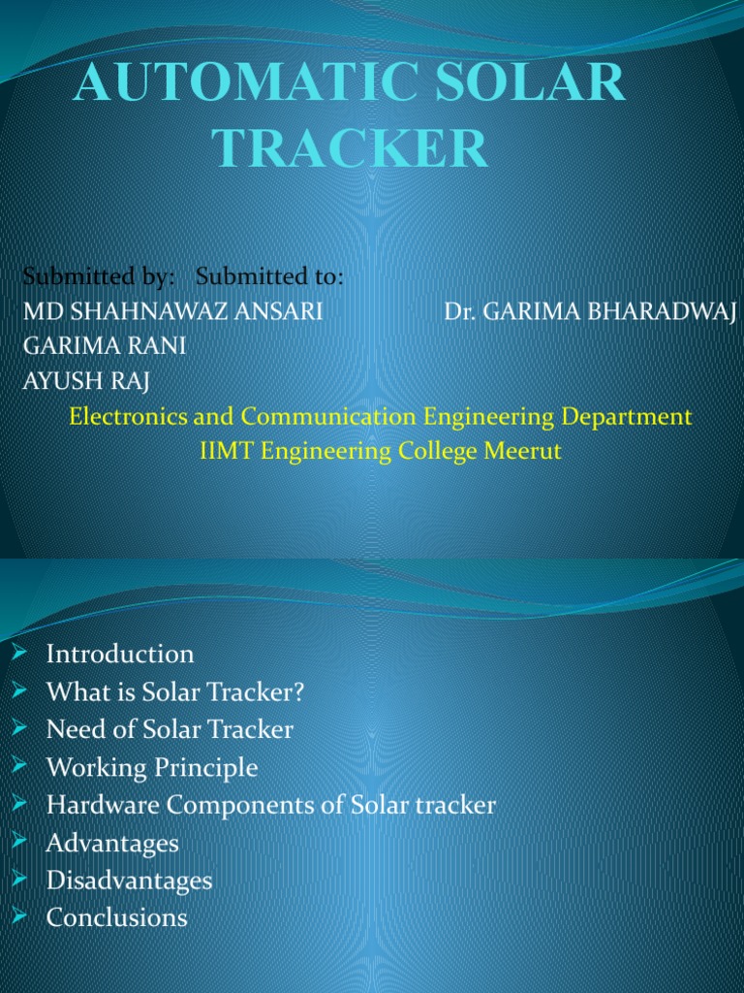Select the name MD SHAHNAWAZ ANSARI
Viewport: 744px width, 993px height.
click(x=172, y=311)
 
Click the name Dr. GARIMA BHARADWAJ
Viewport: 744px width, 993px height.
click(x=590, y=311)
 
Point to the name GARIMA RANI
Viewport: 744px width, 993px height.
click(x=105, y=346)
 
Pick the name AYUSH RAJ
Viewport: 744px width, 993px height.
click(x=86, y=380)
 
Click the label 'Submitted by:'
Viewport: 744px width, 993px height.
click(x=99, y=277)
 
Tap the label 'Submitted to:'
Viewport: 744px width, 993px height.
click(x=269, y=277)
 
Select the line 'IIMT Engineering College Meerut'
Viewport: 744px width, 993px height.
click(x=380, y=451)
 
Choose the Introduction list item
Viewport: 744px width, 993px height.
click(x=120, y=654)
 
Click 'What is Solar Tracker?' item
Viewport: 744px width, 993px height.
click(x=176, y=692)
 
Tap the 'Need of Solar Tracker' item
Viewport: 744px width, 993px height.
click(x=170, y=729)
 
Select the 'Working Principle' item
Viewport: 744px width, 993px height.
click(x=152, y=768)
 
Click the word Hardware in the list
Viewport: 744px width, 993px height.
click(x=95, y=806)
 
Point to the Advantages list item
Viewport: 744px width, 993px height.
click(x=112, y=844)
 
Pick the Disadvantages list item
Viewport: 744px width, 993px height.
click(x=129, y=881)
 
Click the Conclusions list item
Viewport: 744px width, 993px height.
click(x=117, y=917)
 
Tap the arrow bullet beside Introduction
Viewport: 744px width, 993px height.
click(x=19, y=653)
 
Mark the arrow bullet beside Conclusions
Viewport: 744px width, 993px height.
click(x=19, y=916)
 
